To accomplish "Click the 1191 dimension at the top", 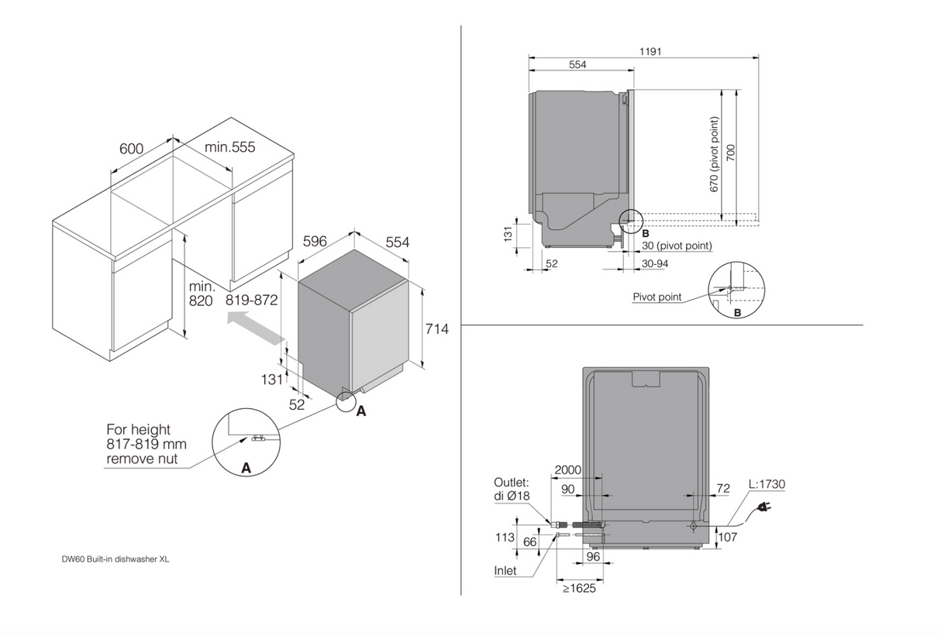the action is click(650, 52).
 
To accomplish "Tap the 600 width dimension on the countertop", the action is click(132, 149).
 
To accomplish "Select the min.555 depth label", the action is click(229, 147).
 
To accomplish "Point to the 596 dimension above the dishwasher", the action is click(315, 241).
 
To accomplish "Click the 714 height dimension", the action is click(437, 328).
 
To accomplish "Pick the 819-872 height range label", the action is click(252, 300).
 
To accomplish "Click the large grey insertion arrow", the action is click(256, 327).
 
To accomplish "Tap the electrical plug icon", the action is click(763, 509).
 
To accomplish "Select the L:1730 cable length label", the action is click(767, 484).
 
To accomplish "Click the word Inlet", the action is click(505, 570).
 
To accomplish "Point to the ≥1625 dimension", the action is click(579, 588).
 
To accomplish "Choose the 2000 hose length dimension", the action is click(568, 469).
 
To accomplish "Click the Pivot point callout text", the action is click(657, 297).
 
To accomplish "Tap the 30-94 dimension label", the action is click(655, 263).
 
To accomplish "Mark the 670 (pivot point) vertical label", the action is click(714, 154).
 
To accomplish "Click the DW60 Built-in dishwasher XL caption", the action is click(115, 559).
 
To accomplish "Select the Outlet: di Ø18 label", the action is click(512, 489).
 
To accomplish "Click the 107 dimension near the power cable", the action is click(728, 537).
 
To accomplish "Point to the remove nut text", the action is click(142, 459).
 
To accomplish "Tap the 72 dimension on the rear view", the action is click(723, 488).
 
